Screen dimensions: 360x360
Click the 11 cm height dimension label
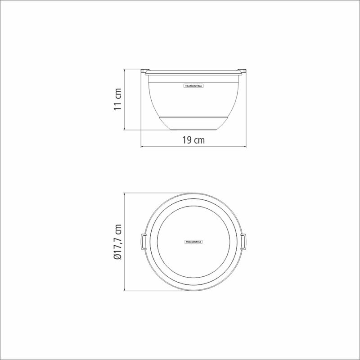[x=117, y=99]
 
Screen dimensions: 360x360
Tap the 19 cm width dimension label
[x=193, y=140]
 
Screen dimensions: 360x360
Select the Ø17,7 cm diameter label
[x=117, y=242]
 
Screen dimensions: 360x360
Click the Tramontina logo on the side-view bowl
[x=193, y=86]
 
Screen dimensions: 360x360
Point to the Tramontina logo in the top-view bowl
[x=193, y=242]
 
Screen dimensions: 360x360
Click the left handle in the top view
[x=143, y=242]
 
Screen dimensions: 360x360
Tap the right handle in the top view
[x=243, y=242]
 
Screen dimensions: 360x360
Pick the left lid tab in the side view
[x=145, y=70]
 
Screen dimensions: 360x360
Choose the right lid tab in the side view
[x=242, y=70]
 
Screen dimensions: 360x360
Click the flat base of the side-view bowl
[x=193, y=130]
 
